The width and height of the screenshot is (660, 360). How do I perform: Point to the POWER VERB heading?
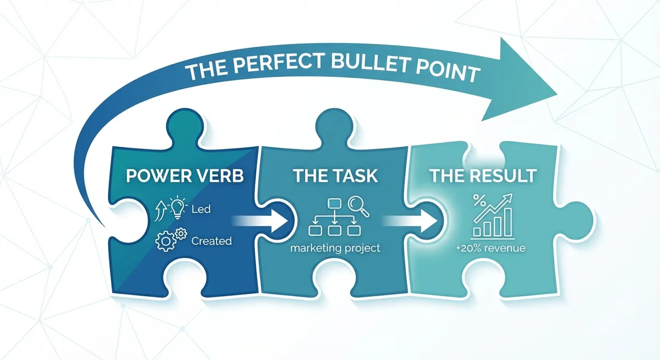[x=185, y=176]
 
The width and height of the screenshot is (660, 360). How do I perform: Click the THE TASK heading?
[x=335, y=176]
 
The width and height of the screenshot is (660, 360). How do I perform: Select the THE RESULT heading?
[x=483, y=176]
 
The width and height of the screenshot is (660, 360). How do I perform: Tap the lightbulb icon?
[x=178, y=207]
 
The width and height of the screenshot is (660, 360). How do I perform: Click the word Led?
[x=201, y=209]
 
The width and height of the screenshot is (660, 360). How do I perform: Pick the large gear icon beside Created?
[x=166, y=241]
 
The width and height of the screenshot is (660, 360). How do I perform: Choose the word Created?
[x=211, y=241]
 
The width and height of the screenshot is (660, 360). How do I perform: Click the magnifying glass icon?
[x=358, y=206]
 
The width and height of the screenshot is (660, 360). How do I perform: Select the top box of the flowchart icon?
[x=334, y=203]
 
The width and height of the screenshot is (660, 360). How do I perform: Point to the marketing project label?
[x=335, y=248]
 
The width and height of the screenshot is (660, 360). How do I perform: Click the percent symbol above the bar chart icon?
[x=480, y=201]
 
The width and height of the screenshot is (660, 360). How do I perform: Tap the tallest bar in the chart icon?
[x=508, y=222]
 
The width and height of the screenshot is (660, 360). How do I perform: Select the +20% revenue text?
[x=491, y=248]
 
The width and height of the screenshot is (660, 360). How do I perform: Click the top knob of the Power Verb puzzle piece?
[x=185, y=126]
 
